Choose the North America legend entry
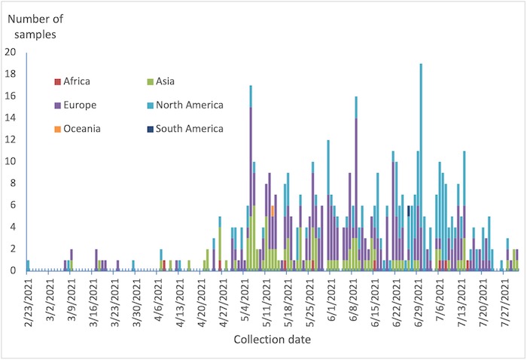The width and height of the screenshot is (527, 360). point(184,105)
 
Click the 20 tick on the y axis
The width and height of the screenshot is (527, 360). point(10,52)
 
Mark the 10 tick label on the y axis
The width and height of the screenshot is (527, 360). point(10,161)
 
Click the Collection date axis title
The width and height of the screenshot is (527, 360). point(273,340)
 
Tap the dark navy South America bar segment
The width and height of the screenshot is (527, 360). point(408,210)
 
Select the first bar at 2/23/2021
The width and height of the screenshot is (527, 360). point(28,265)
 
